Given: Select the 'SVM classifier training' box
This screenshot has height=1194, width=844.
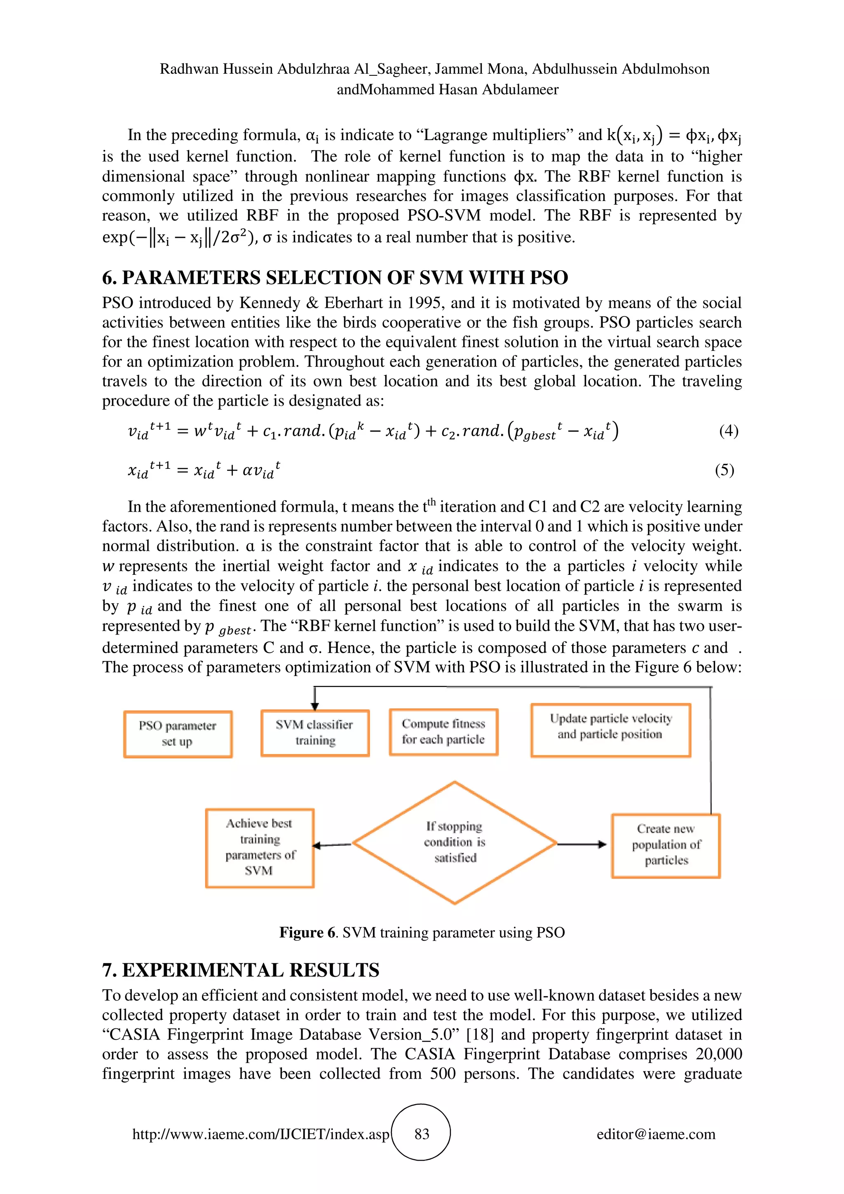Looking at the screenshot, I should (315, 733).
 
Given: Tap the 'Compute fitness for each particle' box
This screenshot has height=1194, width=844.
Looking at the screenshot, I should (443, 732).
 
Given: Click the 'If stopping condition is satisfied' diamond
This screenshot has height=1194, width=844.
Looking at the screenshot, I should (455, 843).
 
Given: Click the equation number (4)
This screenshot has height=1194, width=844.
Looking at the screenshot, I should (729, 431).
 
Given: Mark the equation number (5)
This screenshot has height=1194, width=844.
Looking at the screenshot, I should (724, 470).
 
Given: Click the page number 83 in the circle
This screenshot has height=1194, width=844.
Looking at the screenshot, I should (422, 1134).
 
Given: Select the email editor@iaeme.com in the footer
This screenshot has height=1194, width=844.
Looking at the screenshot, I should (656, 1134).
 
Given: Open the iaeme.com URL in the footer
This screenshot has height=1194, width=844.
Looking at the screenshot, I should (260, 1134).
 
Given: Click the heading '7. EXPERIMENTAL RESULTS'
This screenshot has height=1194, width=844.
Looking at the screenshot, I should (241, 970).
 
